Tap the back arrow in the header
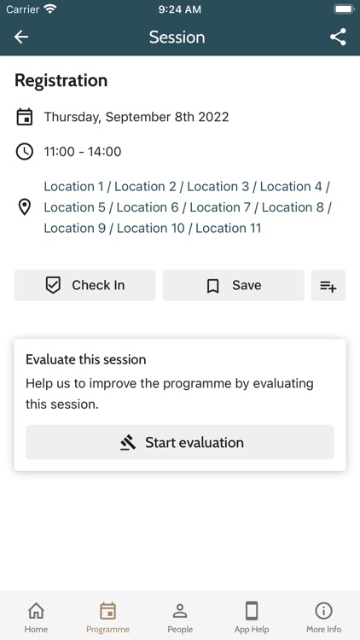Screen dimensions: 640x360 coord(21,37)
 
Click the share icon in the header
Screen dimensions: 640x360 coord(338,37)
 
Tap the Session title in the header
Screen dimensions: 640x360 coord(177,37)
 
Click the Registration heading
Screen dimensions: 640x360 coord(61,81)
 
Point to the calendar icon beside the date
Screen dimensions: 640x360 coord(25,117)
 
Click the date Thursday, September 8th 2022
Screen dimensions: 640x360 coord(136,117)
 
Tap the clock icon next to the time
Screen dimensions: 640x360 coord(25,152)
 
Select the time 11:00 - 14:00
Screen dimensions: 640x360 coord(83,152)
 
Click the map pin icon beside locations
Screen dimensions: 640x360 coord(25,207)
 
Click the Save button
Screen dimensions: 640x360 coord(233,286)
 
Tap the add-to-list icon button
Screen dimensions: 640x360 coord(328,286)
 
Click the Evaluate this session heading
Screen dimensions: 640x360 coord(86,359)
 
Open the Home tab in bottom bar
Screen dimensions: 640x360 coord(36,617)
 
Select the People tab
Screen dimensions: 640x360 coord(180,617)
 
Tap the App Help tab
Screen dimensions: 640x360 coord(252,617)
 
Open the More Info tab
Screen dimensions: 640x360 coord(323,617)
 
